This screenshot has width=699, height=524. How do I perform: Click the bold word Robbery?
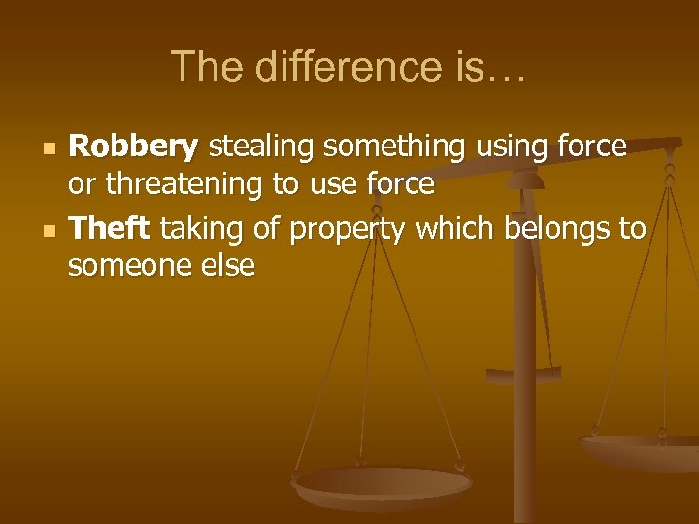tap(134, 147)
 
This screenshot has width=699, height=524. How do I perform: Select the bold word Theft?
tap(108, 229)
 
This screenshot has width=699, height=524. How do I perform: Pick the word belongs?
tap(562, 229)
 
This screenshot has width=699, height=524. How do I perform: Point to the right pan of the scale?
tap(641, 448)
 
